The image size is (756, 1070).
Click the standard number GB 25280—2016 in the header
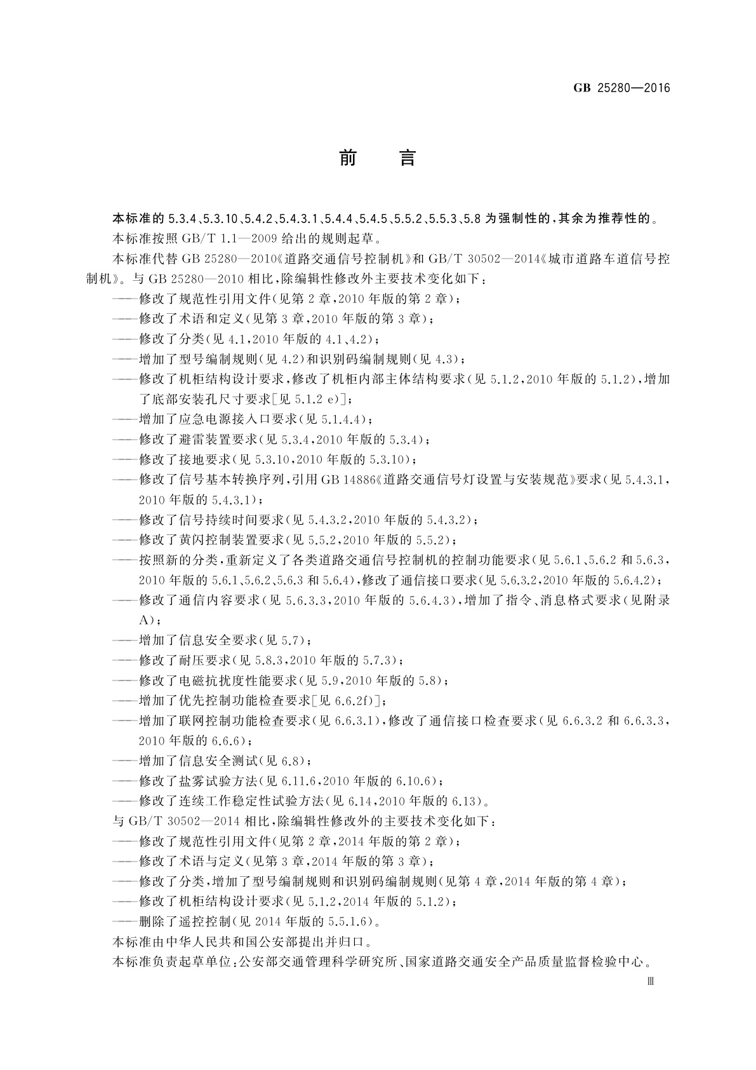pyautogui.click(x=621, y=88)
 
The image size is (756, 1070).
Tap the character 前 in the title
pyautogui.click(x=348, y=158)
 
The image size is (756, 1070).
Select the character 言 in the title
pyautogui.click(x=407, y=158)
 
